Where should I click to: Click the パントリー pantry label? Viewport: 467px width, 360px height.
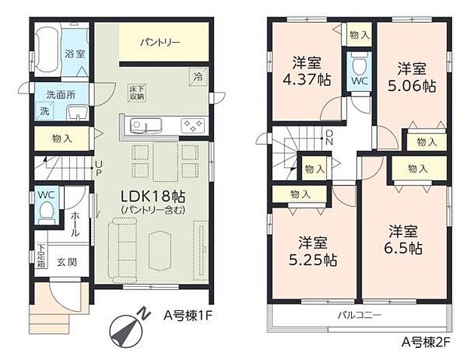click(160, 43)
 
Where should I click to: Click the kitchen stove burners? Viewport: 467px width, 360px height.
click(190, 126)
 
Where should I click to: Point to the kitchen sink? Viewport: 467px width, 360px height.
click(142, 125)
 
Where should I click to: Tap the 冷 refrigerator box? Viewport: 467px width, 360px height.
click(198, 77)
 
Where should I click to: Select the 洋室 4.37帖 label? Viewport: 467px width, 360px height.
click(306, 72)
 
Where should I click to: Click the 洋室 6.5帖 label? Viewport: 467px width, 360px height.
click(404, 239)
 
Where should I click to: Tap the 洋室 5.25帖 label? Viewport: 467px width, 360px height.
click(313, 251)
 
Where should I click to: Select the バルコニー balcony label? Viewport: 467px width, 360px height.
click(359, 313)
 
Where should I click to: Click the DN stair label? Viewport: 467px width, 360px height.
click(329, 137)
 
